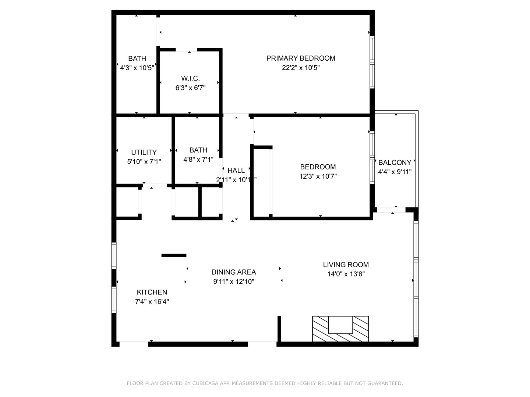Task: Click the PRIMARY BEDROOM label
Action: pos(301,58)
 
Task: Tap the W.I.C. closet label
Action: pos(190,78)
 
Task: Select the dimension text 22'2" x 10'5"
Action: pos(301,68)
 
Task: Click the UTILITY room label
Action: pos(144,152)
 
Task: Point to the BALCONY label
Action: pos(395,162)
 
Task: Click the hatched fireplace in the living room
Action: pos(340,329)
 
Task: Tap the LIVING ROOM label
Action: pos(346,265)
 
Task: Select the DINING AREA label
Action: pos(233,272)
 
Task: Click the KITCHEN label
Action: pos(152,292)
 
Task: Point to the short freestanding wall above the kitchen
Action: pos(174,255)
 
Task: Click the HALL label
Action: pos(236,170)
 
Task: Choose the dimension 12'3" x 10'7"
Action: pos(318,176)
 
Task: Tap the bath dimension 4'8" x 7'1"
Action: pos(198,160)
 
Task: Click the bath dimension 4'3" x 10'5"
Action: pos(137,68)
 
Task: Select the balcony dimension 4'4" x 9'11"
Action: pos(395,172)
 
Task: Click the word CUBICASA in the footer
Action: pos(206,383)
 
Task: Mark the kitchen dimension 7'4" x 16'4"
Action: pos(152,302)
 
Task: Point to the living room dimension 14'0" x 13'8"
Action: pos(346,274)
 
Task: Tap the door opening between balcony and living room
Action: pos(391,210)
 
